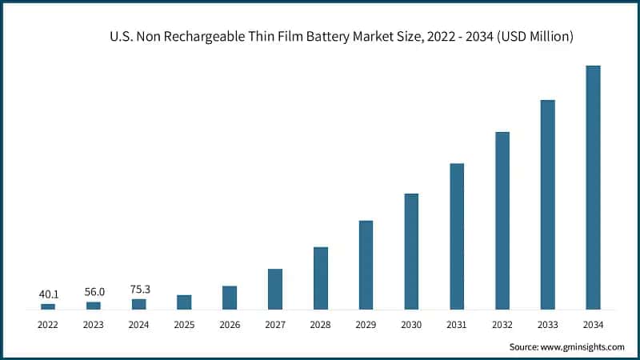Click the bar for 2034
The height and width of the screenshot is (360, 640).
click(593, 187)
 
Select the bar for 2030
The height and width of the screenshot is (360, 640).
click(411, 251)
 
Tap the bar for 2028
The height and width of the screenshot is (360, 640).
click(320, 278)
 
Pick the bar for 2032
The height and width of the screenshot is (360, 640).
click(502, 220)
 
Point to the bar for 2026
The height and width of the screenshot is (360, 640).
click(230, 297)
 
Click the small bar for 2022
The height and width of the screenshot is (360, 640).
click(48, 306)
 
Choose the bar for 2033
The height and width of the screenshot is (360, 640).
click(548, 204)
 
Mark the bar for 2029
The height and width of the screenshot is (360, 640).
click(366, 264)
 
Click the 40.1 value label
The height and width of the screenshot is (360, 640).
click(48, 294)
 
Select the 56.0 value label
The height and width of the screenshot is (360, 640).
click(94, 293)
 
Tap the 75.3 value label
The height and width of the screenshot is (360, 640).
click(139, 290)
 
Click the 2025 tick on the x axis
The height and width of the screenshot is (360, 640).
click(184, 324)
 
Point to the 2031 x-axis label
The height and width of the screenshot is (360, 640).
click(457, 324)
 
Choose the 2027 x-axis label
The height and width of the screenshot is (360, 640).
click(275, 324)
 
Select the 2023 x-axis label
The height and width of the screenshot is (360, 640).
click(94, 324)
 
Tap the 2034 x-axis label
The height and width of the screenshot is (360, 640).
click(593, 324)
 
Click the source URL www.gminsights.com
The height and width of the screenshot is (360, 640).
click(583, 346)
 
